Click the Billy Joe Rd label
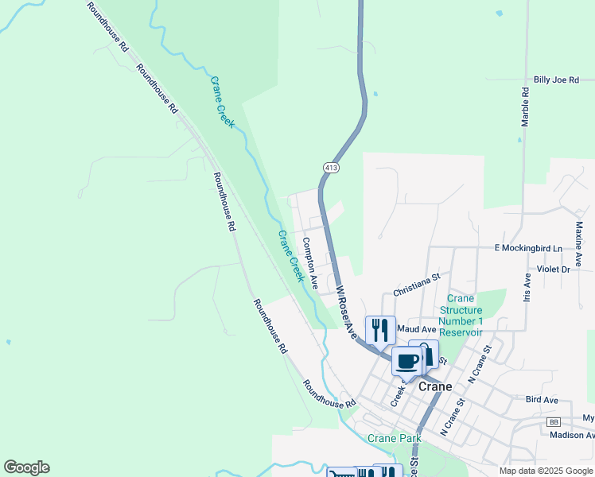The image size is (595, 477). pos(555,80)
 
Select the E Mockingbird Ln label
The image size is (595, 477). pos(527,248)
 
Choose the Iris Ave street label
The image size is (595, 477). pos(526,290)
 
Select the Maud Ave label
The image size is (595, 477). pos(418,329)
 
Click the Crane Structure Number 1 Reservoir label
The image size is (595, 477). pos(461,315)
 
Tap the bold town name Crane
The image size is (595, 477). pos(434,387)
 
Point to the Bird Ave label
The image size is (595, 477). pos(542,400)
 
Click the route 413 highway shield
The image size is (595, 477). pos(332,167)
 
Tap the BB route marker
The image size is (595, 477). pos(554,421)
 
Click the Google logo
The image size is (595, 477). pos(26,467)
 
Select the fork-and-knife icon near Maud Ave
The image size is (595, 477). pos(379,328)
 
